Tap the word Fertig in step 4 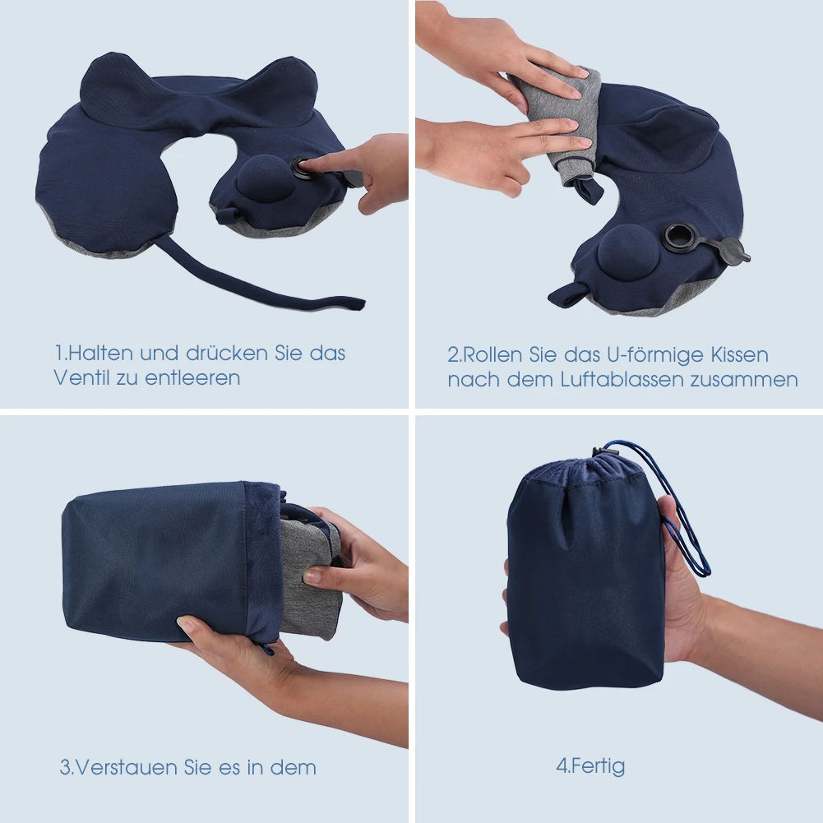[597, 766]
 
